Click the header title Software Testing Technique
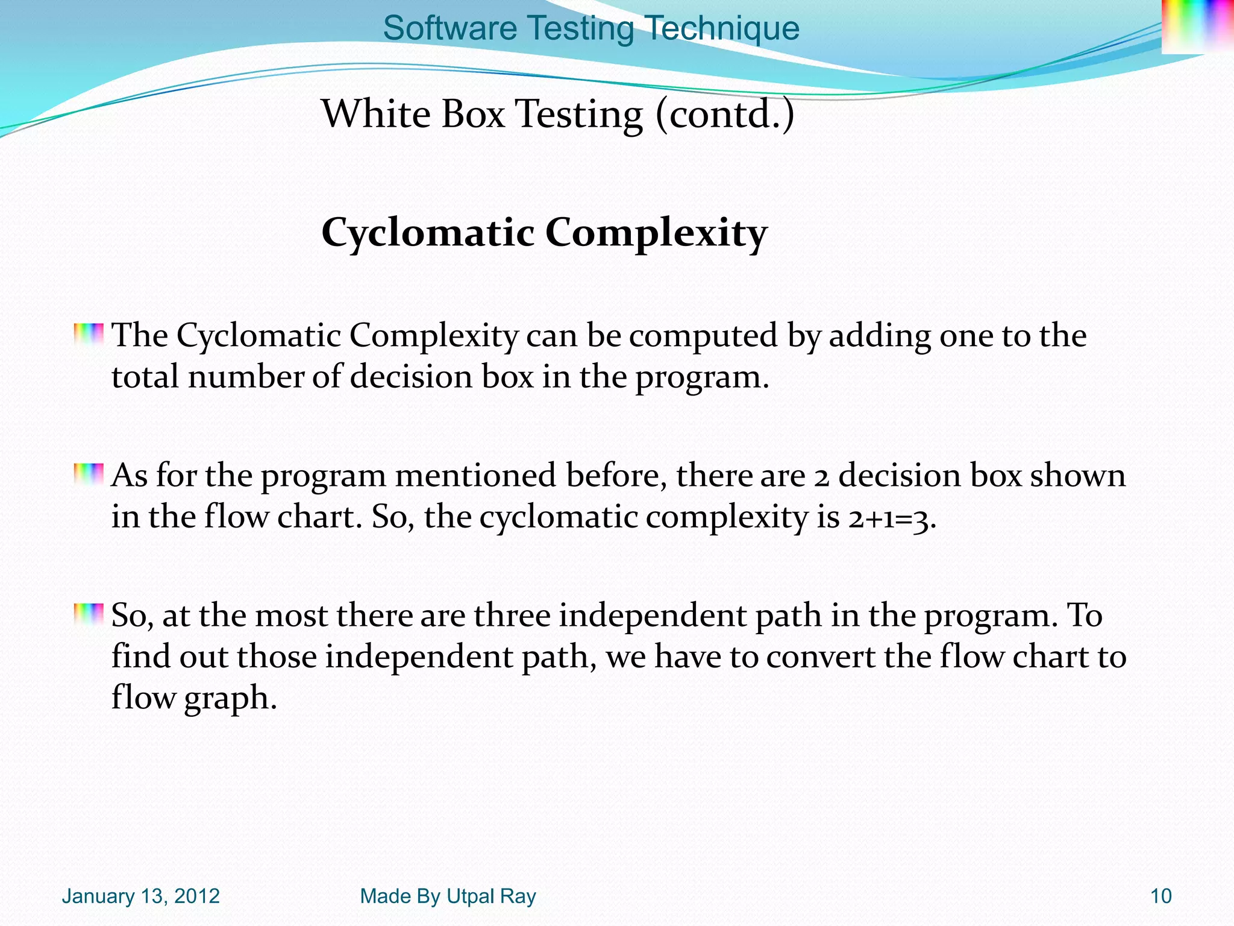pyautogui.click(x=590, y=28)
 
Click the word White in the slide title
pyautogui.click(x=376, y=114)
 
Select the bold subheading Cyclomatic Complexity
pyautogui.click(x=544, y=233)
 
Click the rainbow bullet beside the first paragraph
pyautogui.click(x=89, y=334)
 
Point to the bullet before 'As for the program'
pyautogui.click(x=89, y=474)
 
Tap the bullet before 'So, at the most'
pyautogui.click(x=89, y=614)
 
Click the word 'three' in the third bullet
pyautogui.click(x=512, y=616)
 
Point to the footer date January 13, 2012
pyautogui.click(x=140, y=896)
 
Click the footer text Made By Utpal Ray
pyautogui.click(x=448, y=896)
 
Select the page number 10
pyautogui.click(x=1160, y=896)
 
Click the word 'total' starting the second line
pyautogui.click(x=145, y=377)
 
